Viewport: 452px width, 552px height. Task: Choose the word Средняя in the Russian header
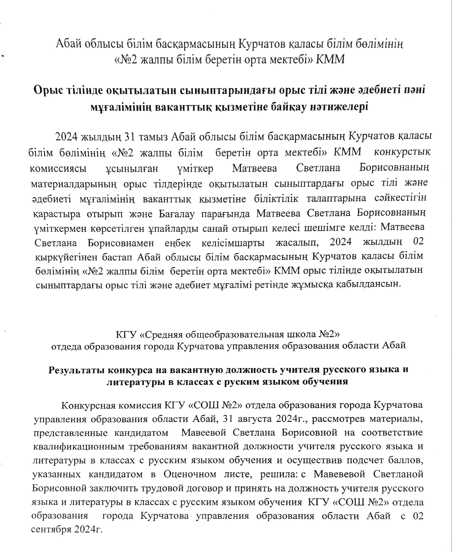(x=170, y=334)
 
